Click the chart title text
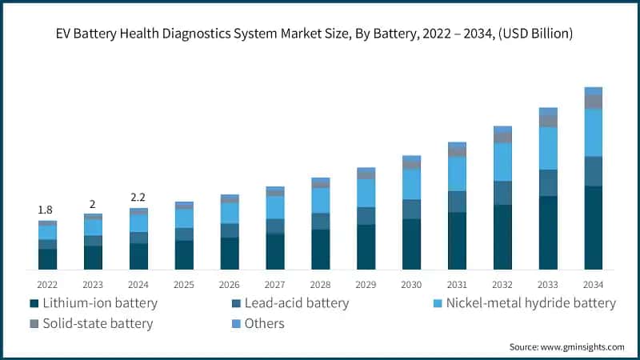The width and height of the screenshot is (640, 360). [x=320, y=34]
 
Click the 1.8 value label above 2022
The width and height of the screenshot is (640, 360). [x=47, y=210]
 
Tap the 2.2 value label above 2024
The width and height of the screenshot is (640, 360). [x=138, y=197]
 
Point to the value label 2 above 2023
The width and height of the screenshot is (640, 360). [x=93, y=204]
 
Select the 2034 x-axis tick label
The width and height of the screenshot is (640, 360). [x=593, y=284]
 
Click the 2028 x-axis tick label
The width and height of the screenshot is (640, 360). [x=320, y=284]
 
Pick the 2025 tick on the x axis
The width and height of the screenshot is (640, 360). [x=184, y=284]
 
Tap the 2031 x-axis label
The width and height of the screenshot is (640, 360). [x=457, y=284]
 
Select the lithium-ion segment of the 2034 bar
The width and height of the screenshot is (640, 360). [x=593, y=227]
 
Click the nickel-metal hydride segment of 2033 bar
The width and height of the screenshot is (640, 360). [x=548, y=148]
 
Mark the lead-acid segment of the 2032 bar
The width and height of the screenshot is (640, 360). [x=502, y=193]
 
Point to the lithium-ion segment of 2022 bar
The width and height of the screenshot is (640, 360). [x=47, y=258]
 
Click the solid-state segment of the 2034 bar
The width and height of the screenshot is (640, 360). [x=593, y=102]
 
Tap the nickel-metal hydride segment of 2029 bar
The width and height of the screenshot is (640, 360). [x=366, y=193]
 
